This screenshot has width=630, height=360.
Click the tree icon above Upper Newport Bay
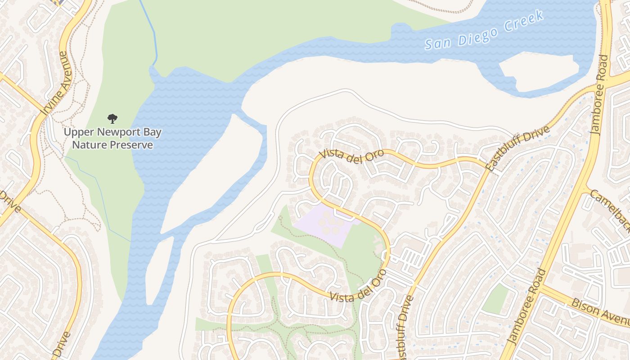click(112, 119)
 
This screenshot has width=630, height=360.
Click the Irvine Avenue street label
click(56, 83)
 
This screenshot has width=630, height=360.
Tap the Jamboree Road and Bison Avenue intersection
click(543, 287)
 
